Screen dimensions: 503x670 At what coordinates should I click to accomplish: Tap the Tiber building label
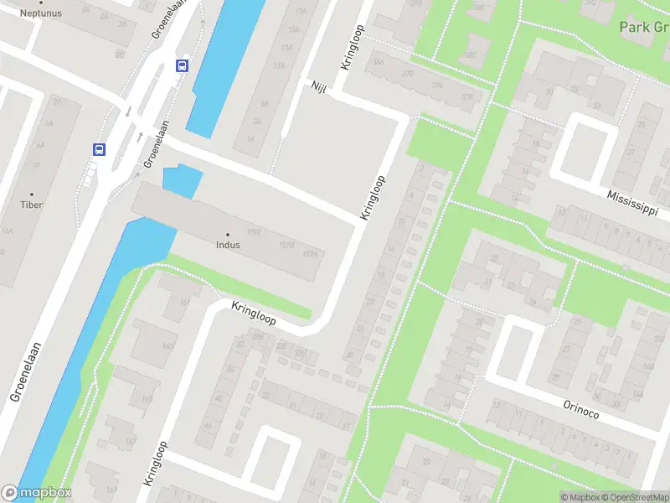click(x=32, y=205)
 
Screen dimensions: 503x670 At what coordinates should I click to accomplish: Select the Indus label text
click(x=227, y=246)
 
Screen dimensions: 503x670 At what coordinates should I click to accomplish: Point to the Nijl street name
click(x=318, y=89)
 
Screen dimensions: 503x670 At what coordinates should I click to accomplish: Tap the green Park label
click(x=644, y=28)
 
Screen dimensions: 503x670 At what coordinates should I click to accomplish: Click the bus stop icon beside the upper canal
click(x=182, y=65)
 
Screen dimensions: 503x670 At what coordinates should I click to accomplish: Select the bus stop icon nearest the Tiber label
click(x=99, y=149)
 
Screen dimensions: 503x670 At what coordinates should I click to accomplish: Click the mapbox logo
click(x=37, y=493)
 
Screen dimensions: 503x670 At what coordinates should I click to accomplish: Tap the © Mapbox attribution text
click(x=580, y=497)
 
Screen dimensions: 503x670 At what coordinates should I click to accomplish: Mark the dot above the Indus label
click(x=227, y=235)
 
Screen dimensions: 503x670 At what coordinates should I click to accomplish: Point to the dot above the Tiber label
click(x=32, y=194)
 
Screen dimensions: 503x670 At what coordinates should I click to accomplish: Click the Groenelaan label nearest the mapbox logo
click(x=27, y=373)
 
